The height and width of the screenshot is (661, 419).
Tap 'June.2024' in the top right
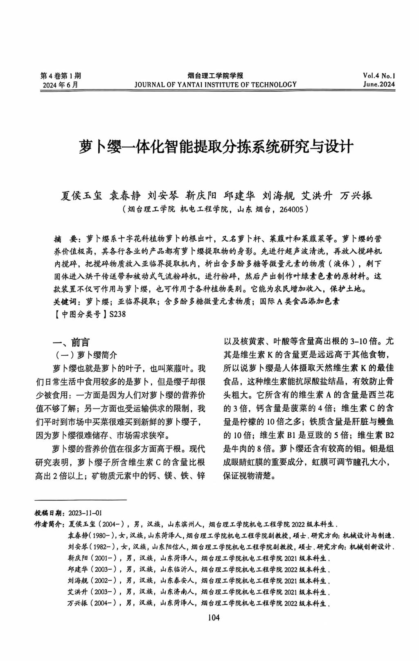pyautogui.click(x=379, y=85)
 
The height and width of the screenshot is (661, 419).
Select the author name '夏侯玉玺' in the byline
pyautogui.click(x=81, y=196)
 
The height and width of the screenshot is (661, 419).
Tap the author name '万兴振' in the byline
pyautogui.click(x=356, y=196)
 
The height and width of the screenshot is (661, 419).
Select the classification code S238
pyautogui.click(x=117, y=314)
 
